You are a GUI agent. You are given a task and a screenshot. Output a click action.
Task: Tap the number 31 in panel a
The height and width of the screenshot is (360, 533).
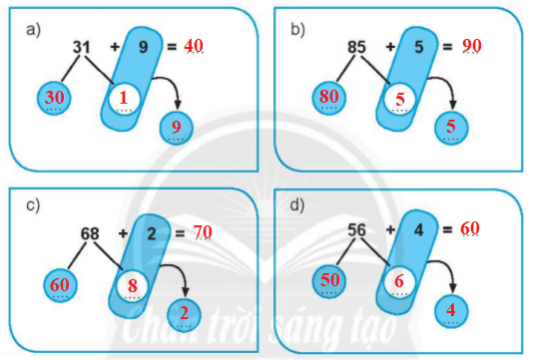[84, 48]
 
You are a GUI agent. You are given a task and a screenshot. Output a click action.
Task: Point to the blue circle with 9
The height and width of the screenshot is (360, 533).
[177, 127]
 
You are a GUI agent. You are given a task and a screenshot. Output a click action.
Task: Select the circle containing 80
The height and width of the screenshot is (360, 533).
[327, 99]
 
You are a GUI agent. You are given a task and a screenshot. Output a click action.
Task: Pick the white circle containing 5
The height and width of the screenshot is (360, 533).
[399, 100]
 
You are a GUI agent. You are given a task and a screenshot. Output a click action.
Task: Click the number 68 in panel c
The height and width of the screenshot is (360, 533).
[90, 233]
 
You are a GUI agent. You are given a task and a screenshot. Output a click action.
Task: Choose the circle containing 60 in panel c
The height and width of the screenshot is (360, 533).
[60, 285]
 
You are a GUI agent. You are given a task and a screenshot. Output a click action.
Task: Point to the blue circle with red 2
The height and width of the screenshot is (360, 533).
[184, 313]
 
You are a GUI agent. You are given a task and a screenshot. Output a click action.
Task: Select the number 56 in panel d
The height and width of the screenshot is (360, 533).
[356, 229]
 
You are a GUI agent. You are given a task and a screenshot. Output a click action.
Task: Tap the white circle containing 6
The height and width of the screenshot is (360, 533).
[398, 282]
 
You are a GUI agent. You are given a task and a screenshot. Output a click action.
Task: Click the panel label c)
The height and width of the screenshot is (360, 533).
[33, 207]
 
